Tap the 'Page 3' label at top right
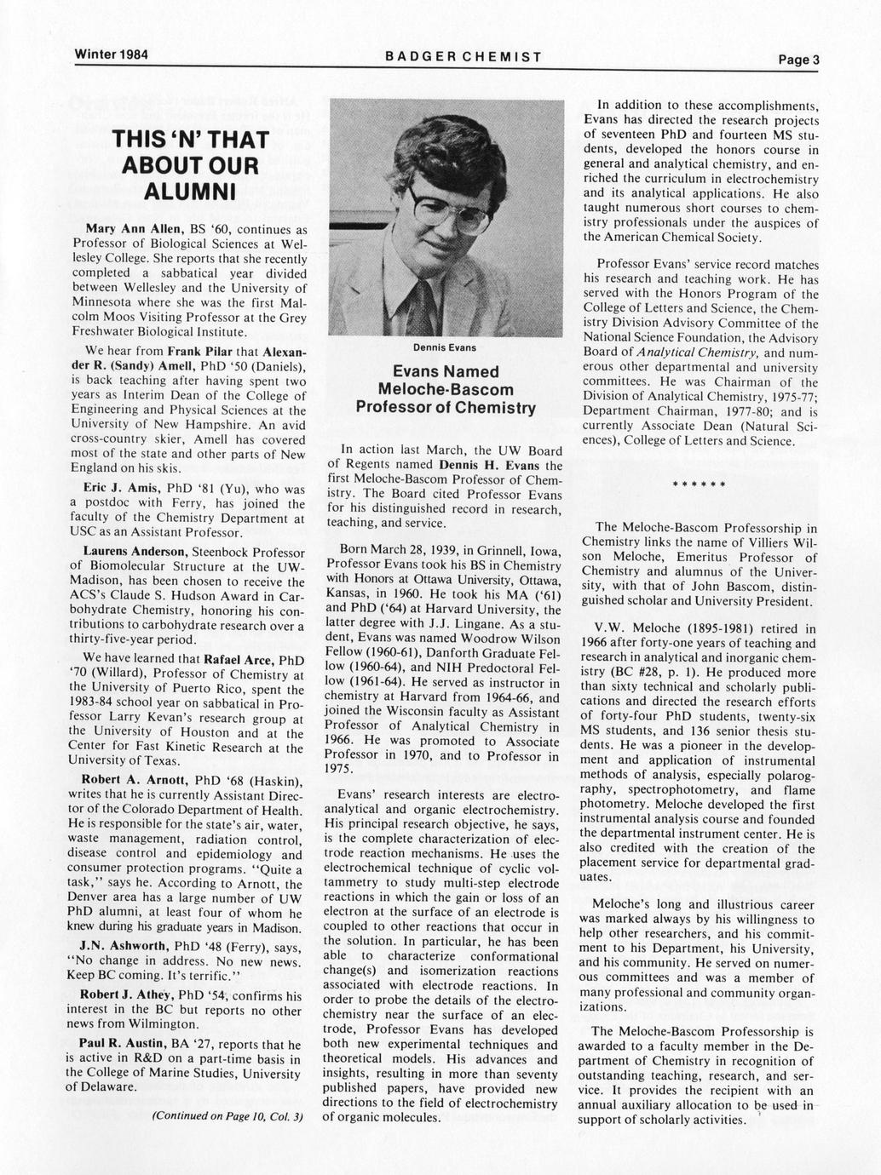[798, 60]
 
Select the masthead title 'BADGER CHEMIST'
[464, 57]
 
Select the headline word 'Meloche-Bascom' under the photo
[446, 390]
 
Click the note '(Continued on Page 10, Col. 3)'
[227, 1116]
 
